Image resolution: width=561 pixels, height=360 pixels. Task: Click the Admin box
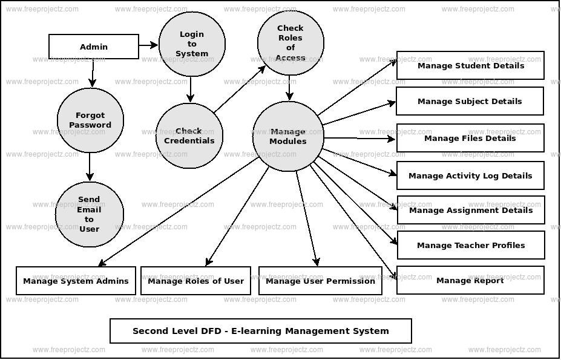click(94, 47)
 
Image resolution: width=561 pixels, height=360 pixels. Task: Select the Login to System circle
click(192, 44)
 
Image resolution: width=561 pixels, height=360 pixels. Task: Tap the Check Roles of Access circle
click(290, 42)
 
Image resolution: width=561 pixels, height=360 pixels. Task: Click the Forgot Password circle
click(90, 120)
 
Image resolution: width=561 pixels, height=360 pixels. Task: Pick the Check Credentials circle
click(189, 136)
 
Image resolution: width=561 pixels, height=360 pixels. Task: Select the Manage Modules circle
click(288, 136)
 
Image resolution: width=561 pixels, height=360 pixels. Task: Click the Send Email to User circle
click(90, 214)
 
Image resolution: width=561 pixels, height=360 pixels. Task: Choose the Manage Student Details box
click(470, 65)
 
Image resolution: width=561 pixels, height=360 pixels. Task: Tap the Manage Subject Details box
click(470, 101)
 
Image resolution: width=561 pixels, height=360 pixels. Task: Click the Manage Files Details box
click(470, 138)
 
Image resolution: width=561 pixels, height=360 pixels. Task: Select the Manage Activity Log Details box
click(470, 175)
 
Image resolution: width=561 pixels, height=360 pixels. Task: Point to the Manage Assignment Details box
click(471, 210)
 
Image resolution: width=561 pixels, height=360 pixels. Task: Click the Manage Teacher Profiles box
click(471, 245)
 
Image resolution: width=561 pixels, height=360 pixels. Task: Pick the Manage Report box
click(470, 280)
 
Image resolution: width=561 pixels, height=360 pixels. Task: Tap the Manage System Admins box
click(76, 281)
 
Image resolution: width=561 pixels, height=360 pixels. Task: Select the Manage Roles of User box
click(195, 281)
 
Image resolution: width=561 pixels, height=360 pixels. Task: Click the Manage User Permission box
click(320, 281)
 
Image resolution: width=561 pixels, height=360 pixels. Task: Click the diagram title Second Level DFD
click(261, 331)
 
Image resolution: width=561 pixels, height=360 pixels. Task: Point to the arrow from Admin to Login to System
click(148, 45)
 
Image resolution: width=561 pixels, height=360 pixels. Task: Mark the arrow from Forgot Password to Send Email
click(90, 166)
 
